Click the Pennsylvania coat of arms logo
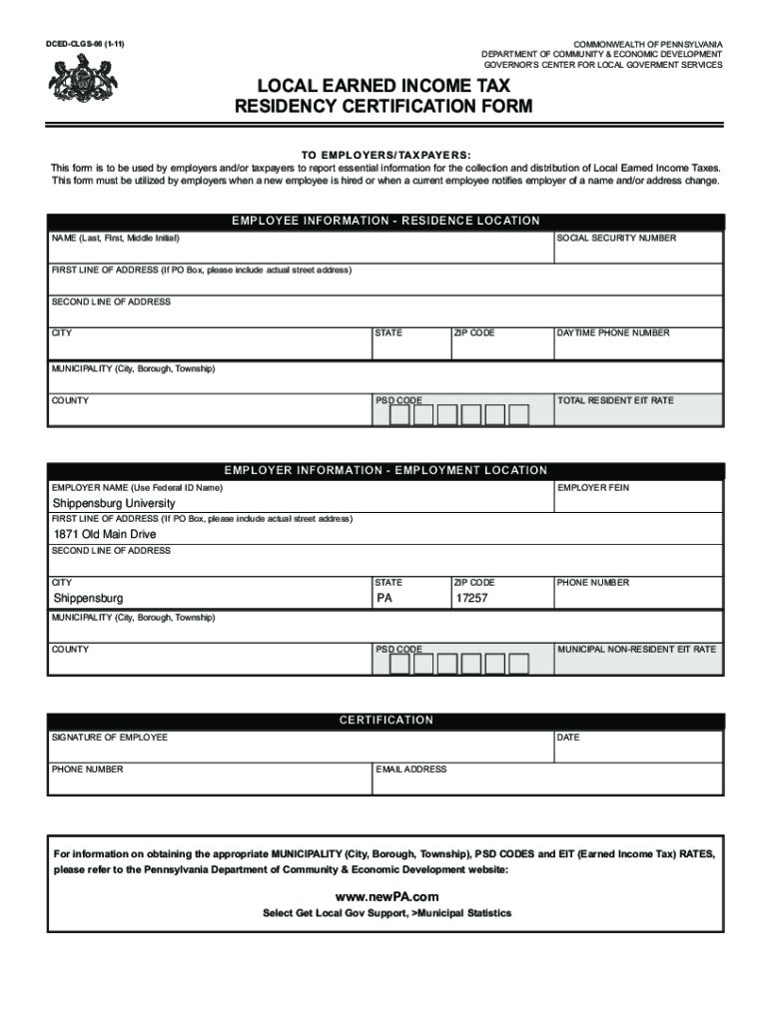click(x=76, y=79)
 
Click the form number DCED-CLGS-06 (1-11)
click(x=85, y=45)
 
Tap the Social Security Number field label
click(x=616, y=239)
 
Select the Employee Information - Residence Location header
click(x=385, y=221)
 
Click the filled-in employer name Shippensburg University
click(x=114, y=503)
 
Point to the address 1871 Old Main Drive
click(x=105, y=534)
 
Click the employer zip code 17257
click(x=471, y=598)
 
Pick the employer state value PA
click(x=384, y=598)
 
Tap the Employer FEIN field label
click(x=593, y=488)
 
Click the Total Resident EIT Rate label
click(x=615, y=400)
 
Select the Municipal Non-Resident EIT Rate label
click(x=636, y=649)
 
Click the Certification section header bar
click(x=385, y=720)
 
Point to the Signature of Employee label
click(x=110, y=738)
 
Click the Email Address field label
click(x=411, y=769)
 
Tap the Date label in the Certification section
click(x=568, y=738)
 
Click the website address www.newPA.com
click(x=386, y=896)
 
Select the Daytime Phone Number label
click(x=613, y=332)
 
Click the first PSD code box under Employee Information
click(x=398, y=415)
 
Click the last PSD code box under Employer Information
click(x=518, y=664)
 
